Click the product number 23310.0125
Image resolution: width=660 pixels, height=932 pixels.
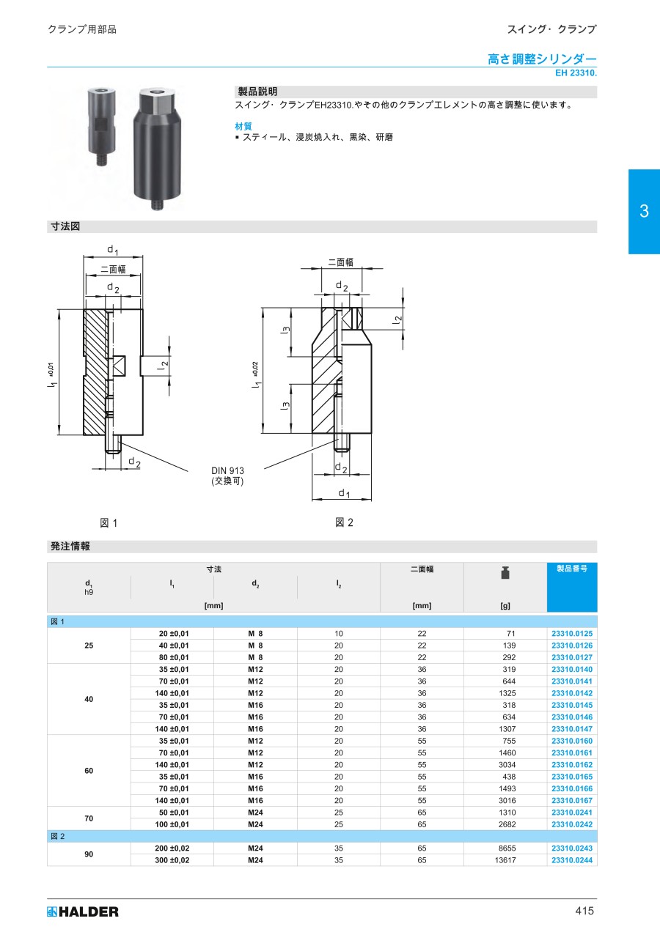tap(572, 633)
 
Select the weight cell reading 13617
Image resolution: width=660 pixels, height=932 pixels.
tap(505, 860)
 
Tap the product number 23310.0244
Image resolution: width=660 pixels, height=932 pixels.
tap(572, 860)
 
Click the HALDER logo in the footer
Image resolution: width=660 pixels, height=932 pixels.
tap(83, 911)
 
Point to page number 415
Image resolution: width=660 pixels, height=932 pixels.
tap(584, 911)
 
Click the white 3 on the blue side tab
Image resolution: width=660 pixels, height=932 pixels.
tap(644, 211)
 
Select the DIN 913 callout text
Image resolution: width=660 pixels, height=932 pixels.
tap(227, 470)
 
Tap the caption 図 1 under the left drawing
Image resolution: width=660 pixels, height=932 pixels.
tap(109, 523)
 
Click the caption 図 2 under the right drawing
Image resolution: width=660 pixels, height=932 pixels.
tap(344, 522)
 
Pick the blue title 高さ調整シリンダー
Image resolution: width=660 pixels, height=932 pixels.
tap(542, 59)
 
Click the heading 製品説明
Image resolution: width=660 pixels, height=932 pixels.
tap(257, 92)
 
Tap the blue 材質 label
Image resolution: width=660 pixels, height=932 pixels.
tap(243, 126)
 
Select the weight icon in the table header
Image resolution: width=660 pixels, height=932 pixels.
tap(505, 573)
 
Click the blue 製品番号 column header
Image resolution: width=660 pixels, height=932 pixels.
tap(572, 569)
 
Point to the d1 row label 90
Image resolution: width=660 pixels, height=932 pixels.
tap(89, 854)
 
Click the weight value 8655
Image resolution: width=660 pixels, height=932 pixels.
tap(507, 848)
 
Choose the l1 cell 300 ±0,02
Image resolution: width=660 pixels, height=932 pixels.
tap(172, 860)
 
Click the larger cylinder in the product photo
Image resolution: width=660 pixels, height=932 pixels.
tap(158, 149)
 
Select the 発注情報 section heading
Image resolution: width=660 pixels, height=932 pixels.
tap(70, 547)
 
